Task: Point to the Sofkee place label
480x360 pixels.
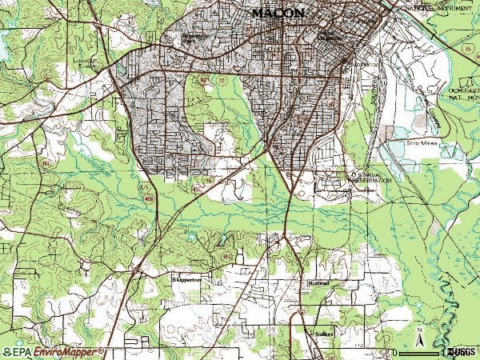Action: [x=323, y=331]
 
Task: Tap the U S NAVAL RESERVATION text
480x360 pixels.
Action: [x=370, y=178]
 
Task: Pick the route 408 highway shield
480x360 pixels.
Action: [x=149, y=197]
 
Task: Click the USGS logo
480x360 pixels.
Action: [x=462, y=351]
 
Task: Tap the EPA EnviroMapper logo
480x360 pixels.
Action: [x=52, y=351]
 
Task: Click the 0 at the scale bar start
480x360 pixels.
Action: [x=394, y=351]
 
